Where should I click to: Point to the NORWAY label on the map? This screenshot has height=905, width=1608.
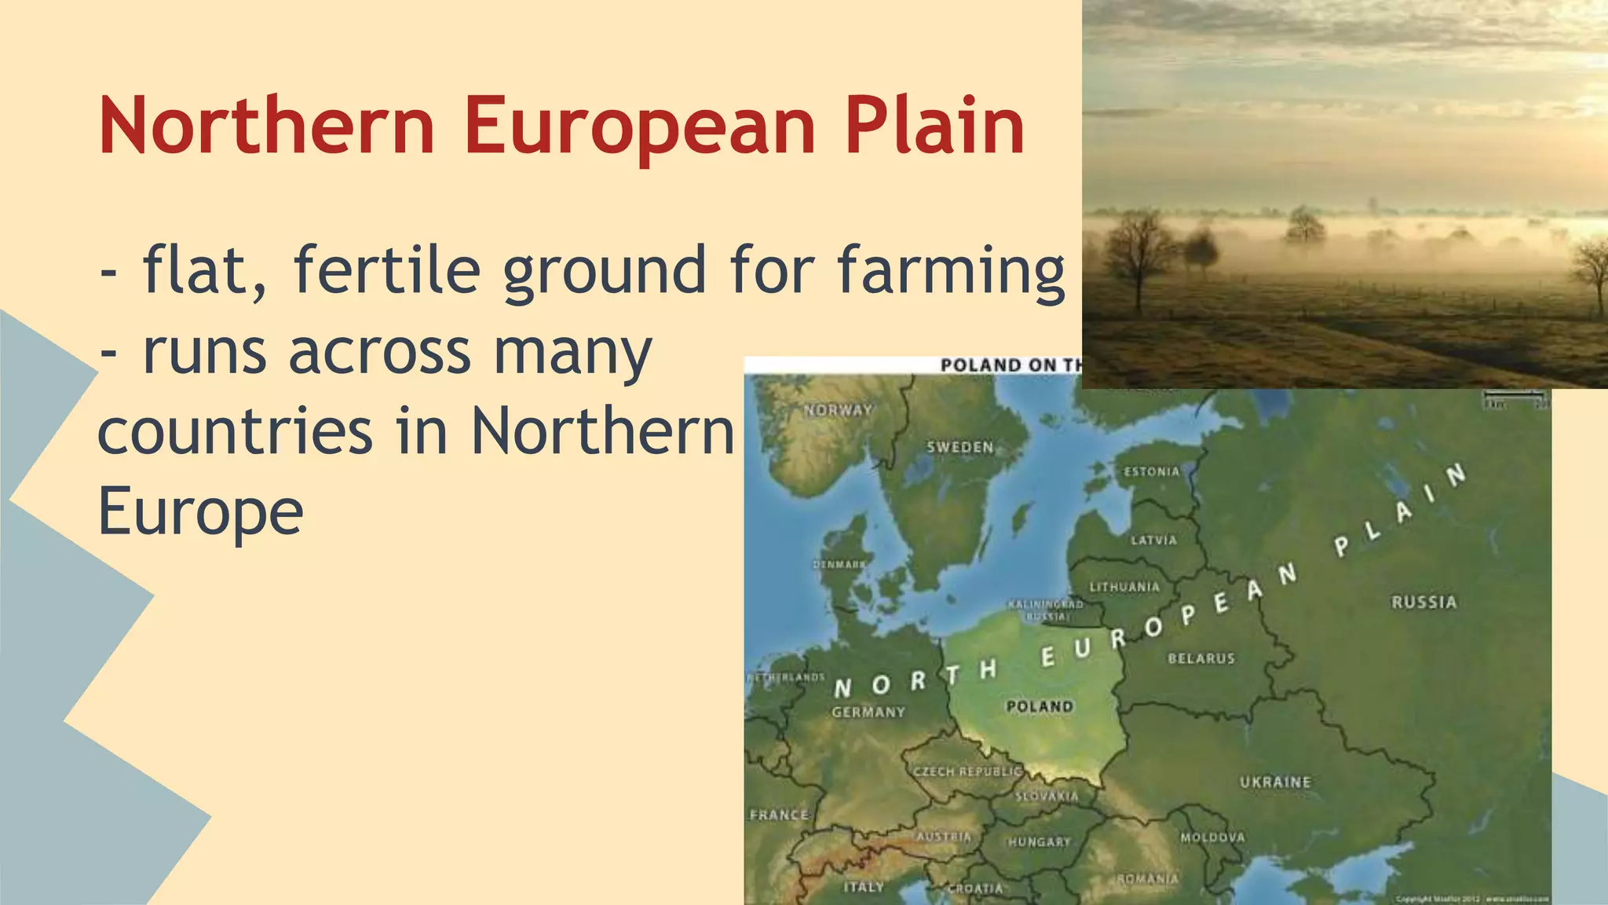839,410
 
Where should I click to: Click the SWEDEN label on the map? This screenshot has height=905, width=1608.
960,447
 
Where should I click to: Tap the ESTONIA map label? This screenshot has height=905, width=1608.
1152,471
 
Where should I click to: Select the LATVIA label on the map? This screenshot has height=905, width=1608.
1153,540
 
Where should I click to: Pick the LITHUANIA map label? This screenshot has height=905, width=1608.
1124,587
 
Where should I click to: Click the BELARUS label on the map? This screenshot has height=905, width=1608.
1201,658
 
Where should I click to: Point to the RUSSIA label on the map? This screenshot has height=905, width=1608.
1423,603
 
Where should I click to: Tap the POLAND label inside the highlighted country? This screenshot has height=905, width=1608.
1040,706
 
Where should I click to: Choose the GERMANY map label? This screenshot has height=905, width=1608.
868,712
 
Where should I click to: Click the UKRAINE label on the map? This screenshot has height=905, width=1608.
1275,782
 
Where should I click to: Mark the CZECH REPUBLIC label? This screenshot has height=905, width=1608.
967,771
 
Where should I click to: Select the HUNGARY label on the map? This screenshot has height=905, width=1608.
1040,841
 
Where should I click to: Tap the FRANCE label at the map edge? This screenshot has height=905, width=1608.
779,815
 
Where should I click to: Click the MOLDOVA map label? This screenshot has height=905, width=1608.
1212,837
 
